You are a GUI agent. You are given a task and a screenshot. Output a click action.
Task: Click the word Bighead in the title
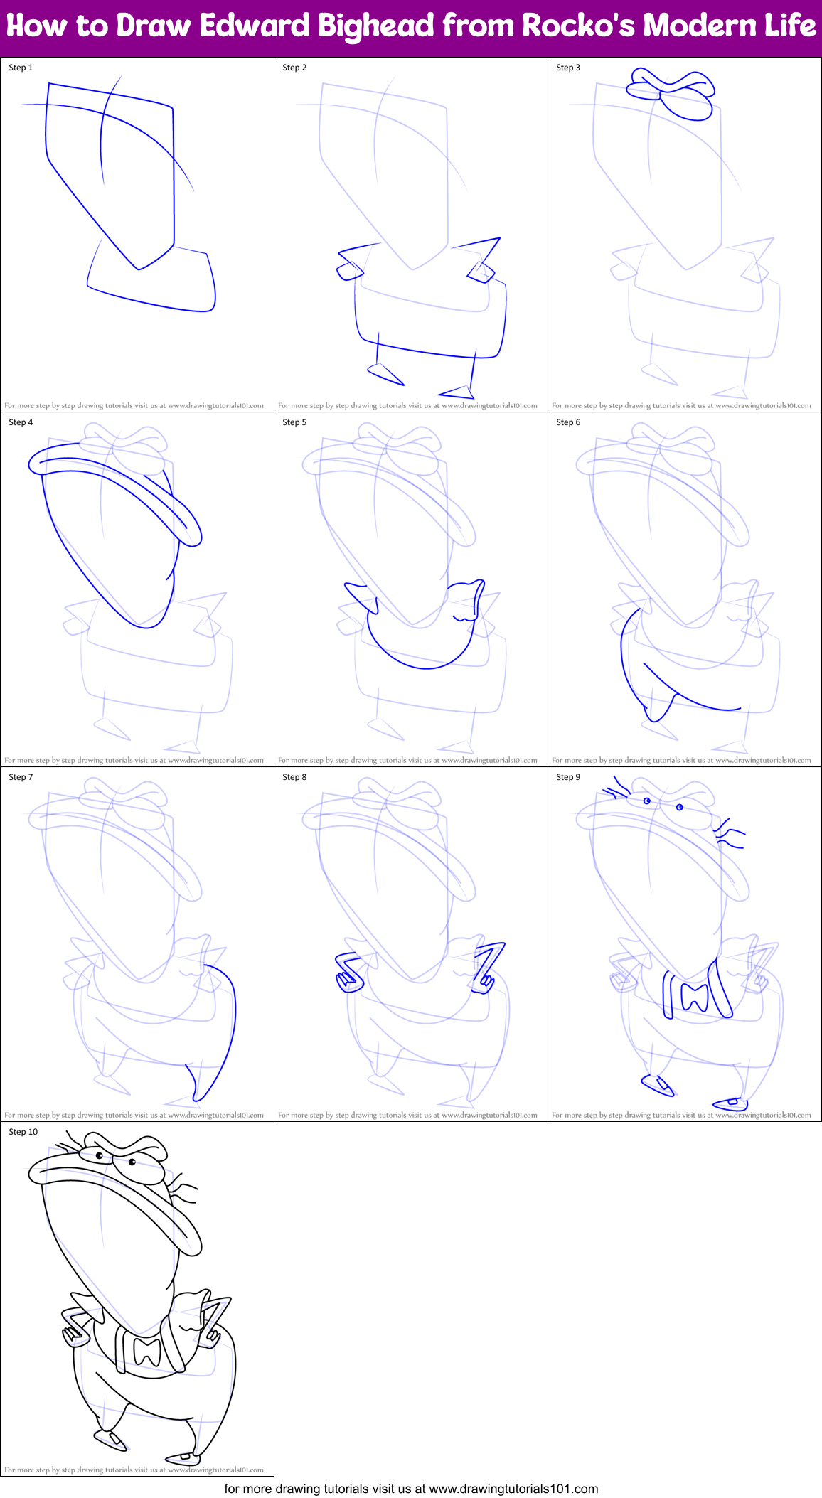pos(375,27)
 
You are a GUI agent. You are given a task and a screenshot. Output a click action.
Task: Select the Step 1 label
pos(21,68)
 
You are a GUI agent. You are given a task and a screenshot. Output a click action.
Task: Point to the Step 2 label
pos(294,68)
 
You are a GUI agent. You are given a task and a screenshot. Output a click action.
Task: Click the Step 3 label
pos(568,68)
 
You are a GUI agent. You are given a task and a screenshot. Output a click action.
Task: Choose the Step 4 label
pos(21,422)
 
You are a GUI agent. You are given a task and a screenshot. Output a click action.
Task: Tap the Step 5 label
pos(294,422)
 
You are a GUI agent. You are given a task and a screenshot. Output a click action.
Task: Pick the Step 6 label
pos(568,422)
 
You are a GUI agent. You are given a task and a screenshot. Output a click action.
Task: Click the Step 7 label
pos(21,777)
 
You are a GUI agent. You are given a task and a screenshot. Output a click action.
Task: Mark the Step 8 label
pos(294,777)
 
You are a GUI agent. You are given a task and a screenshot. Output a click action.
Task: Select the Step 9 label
pos(568,777)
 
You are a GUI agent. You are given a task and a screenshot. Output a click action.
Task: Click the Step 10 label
pos(23,1132)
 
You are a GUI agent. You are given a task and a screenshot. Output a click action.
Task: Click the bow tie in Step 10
pos(148,1350)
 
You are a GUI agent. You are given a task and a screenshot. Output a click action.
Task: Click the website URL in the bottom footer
pos(513,1489)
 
